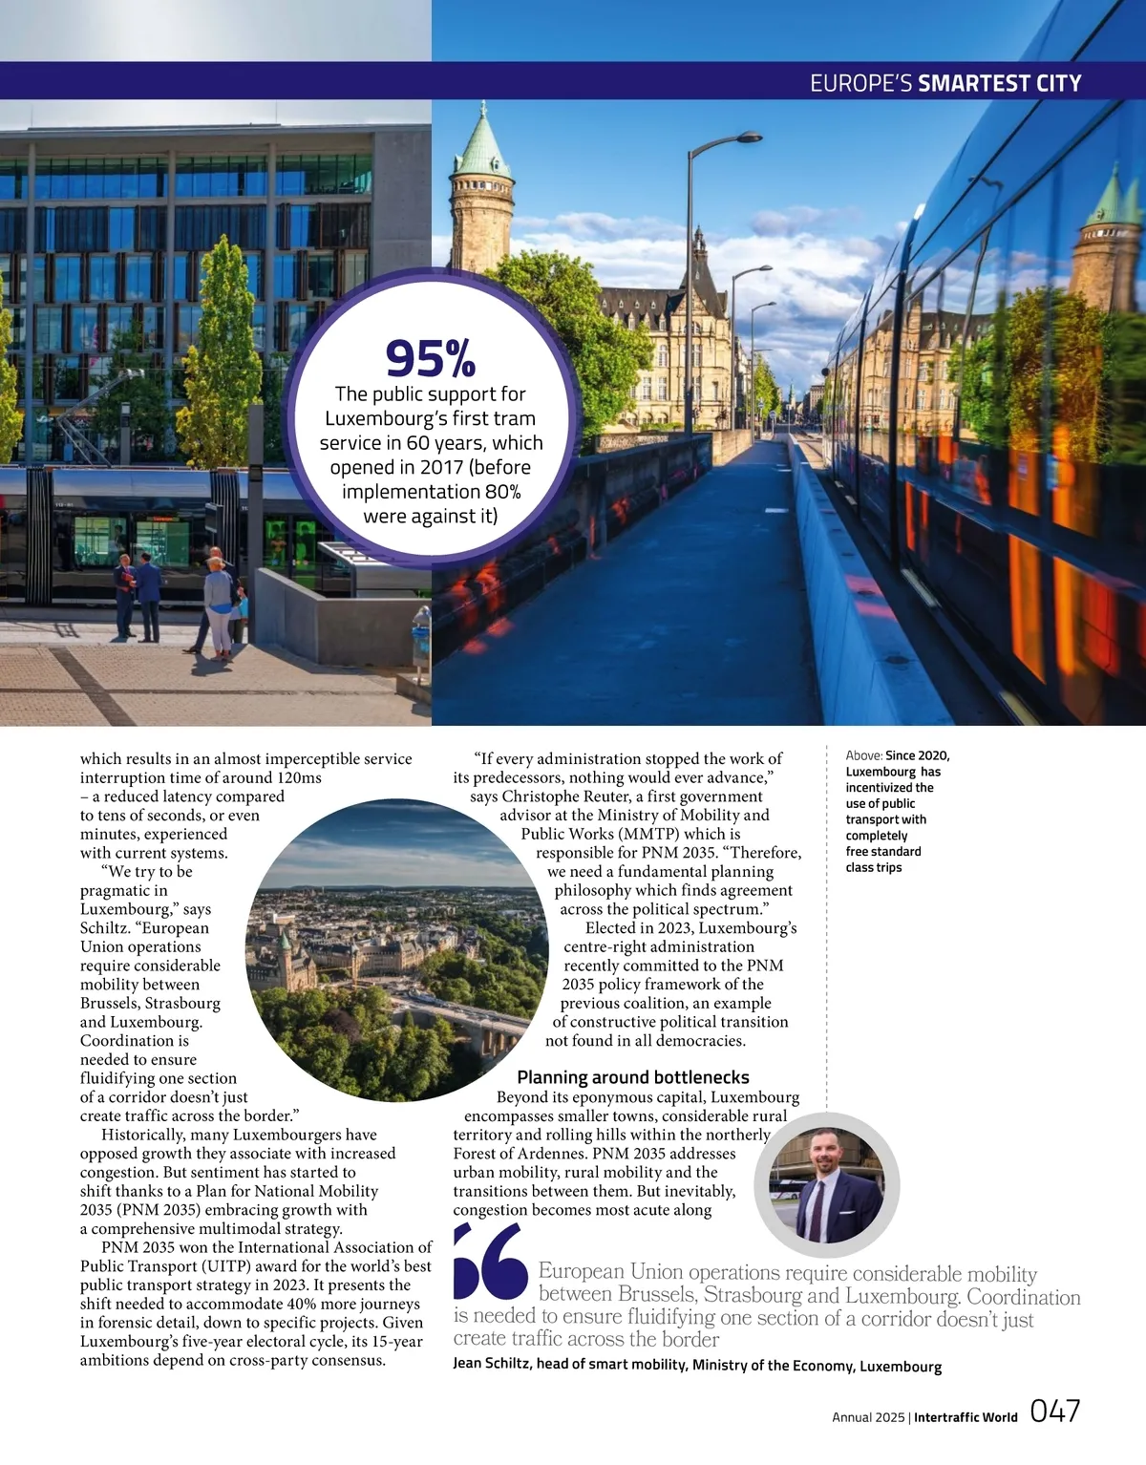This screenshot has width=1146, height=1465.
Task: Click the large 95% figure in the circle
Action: [430, 358]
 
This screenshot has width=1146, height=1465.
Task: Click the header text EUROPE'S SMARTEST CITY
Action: [945, 83]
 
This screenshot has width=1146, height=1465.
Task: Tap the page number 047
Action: [1055, 1412]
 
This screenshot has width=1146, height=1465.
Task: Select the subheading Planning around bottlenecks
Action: [633, 1077]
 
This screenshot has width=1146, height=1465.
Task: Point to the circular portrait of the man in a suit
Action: [827, 1184]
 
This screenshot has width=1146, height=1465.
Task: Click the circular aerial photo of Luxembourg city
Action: [396, 950]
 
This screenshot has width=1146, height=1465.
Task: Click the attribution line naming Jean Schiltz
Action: [697, 1365]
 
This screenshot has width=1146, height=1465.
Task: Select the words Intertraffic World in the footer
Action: [966, 1417]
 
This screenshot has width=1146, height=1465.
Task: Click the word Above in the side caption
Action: [863, 755]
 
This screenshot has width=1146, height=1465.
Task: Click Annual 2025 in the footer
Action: [867, 1417]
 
